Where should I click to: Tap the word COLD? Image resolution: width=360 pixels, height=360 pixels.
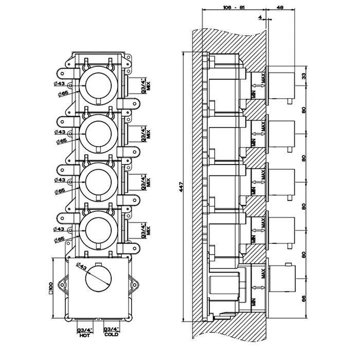[111, 335]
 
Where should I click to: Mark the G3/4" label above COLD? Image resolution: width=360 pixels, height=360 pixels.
[111, 330]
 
